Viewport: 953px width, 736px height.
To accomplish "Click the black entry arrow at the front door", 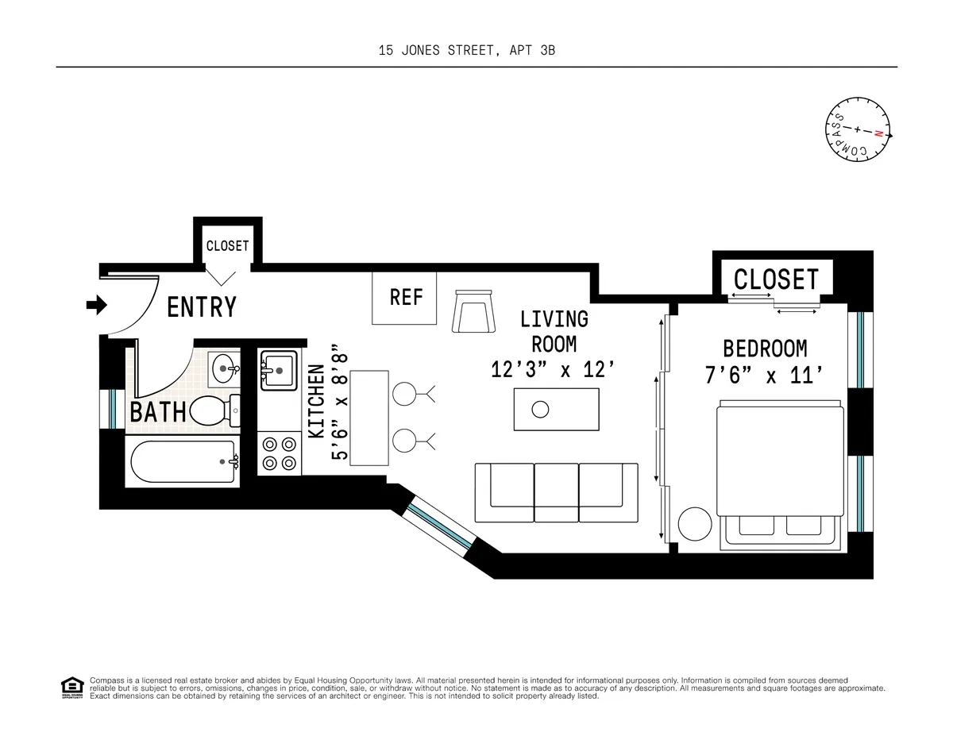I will point(96,305).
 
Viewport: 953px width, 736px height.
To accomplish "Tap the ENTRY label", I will point(202,307).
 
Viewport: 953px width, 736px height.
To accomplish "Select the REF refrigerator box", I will point(405,298).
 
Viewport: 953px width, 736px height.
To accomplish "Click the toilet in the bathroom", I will point(211,410).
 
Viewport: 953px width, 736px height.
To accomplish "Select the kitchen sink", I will point(278,369).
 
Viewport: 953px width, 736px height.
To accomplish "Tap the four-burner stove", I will point(278,453).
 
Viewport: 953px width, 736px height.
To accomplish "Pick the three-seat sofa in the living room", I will point(556,493).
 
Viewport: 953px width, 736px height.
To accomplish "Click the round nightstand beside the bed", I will point(696,524).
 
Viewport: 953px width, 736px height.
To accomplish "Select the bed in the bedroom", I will point(778,473).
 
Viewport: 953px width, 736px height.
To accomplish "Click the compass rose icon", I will point(857,133).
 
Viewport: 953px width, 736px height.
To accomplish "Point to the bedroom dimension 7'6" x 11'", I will point(764,375).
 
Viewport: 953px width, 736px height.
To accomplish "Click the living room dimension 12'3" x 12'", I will point(554,370).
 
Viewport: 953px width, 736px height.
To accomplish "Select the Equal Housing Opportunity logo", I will point(72,688).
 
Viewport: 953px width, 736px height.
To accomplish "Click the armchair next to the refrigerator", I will point(474,312).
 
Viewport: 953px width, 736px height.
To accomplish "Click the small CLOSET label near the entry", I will point(227,246).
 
